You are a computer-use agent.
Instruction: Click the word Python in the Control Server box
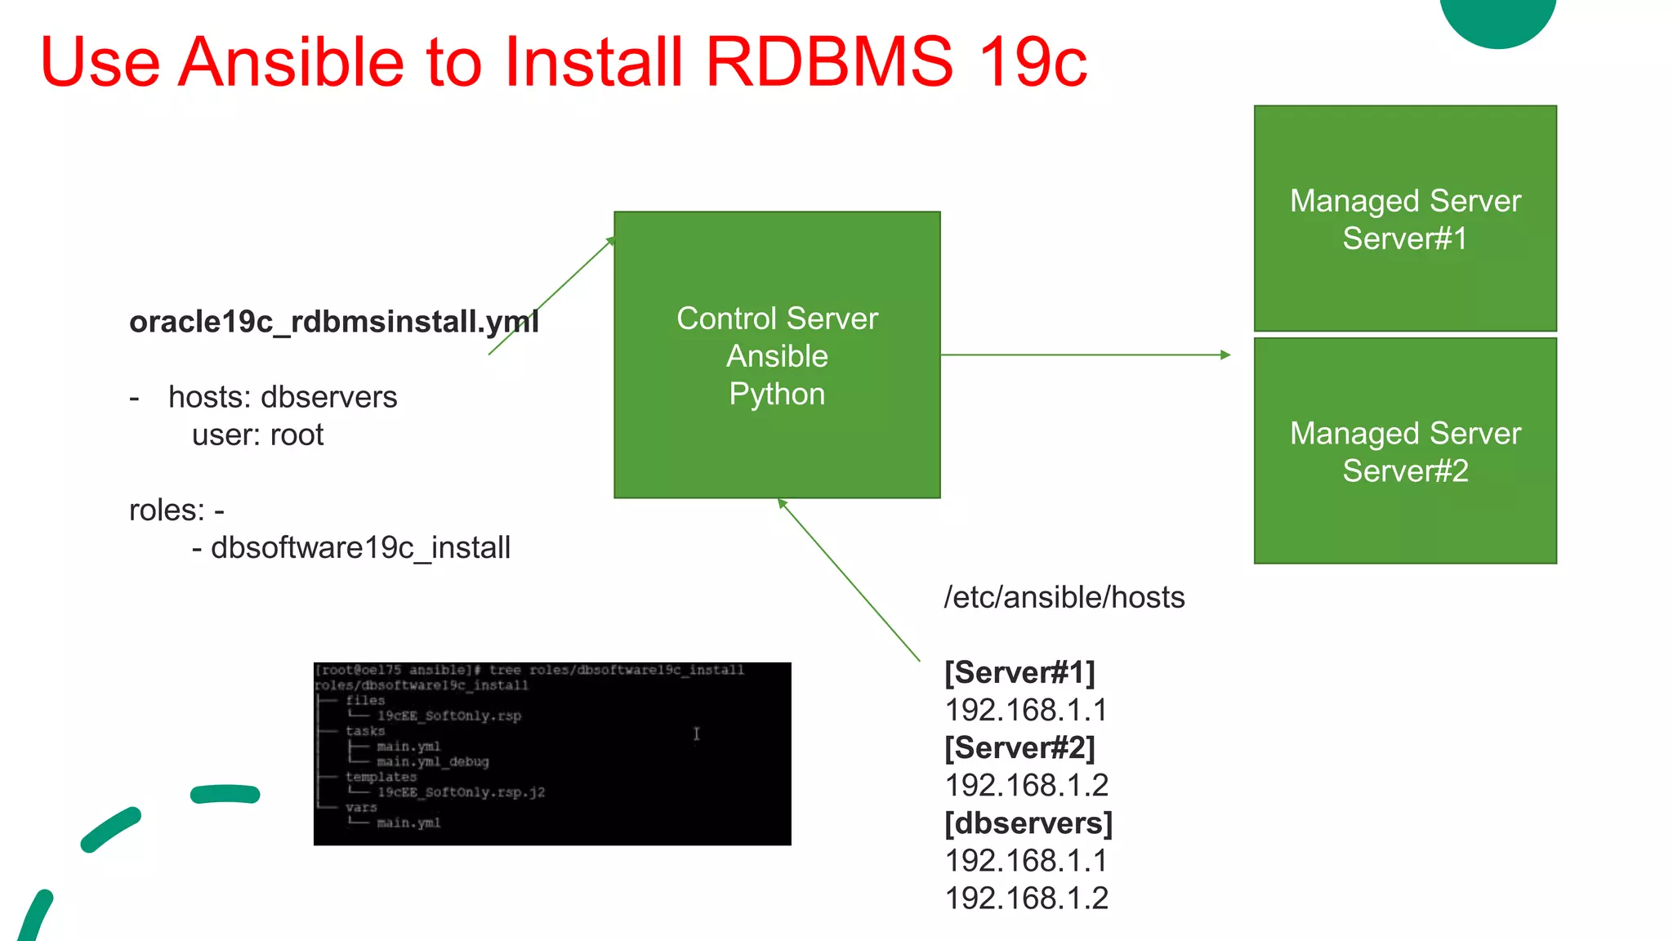point(777,394)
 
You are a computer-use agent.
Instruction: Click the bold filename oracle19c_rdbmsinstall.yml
point(333,322)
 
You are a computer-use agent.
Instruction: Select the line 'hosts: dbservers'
point(282,397)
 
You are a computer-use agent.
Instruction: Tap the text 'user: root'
point(257,435)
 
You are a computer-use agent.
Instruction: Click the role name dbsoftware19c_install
point(360,547)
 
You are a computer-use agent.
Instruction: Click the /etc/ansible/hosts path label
point(1064,597)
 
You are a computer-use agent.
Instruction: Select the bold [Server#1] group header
point(1019,672)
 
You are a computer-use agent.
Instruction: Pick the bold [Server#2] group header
point(1019,747)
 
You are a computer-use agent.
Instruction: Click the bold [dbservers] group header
point(1028,823)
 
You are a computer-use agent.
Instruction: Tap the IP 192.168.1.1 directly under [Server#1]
point(1026,710)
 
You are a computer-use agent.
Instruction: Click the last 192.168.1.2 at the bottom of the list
point(1026,898)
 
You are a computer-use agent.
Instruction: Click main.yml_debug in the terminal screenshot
point(432,761)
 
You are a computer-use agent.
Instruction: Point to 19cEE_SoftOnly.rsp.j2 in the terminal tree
point(460,792)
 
